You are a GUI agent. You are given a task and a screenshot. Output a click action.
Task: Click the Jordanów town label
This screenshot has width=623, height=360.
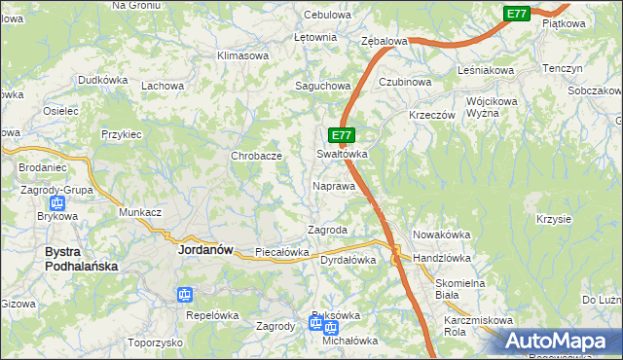coord(205,249)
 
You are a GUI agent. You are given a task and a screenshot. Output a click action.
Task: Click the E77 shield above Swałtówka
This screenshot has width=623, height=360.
coord(341,136)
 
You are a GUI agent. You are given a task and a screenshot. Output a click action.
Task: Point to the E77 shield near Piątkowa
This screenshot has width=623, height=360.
coord(517,14)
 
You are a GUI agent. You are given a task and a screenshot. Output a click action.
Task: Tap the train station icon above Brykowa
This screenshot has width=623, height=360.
coord(56,204)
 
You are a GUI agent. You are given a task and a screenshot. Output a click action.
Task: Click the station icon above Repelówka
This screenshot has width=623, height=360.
coord(185,295)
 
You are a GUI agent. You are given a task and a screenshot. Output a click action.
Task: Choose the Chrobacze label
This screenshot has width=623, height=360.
coord(256,156)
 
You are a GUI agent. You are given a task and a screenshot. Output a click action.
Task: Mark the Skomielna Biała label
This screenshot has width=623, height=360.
coord(460,288)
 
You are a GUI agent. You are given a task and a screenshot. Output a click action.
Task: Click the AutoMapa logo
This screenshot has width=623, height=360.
coord(557,340)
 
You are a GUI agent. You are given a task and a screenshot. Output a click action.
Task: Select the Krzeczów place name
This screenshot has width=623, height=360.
coord(433,114)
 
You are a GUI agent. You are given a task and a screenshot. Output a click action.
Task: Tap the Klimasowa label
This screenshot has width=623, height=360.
coord(242,55)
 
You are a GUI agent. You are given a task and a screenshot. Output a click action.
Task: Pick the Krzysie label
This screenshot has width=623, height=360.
coord(553,219)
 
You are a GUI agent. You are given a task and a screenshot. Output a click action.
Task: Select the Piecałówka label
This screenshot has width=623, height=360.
coord(281,253)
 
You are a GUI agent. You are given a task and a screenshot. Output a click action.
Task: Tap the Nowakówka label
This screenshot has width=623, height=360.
coord(441,234)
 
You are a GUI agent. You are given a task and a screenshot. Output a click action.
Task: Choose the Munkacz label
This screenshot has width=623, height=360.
coord(139,211)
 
